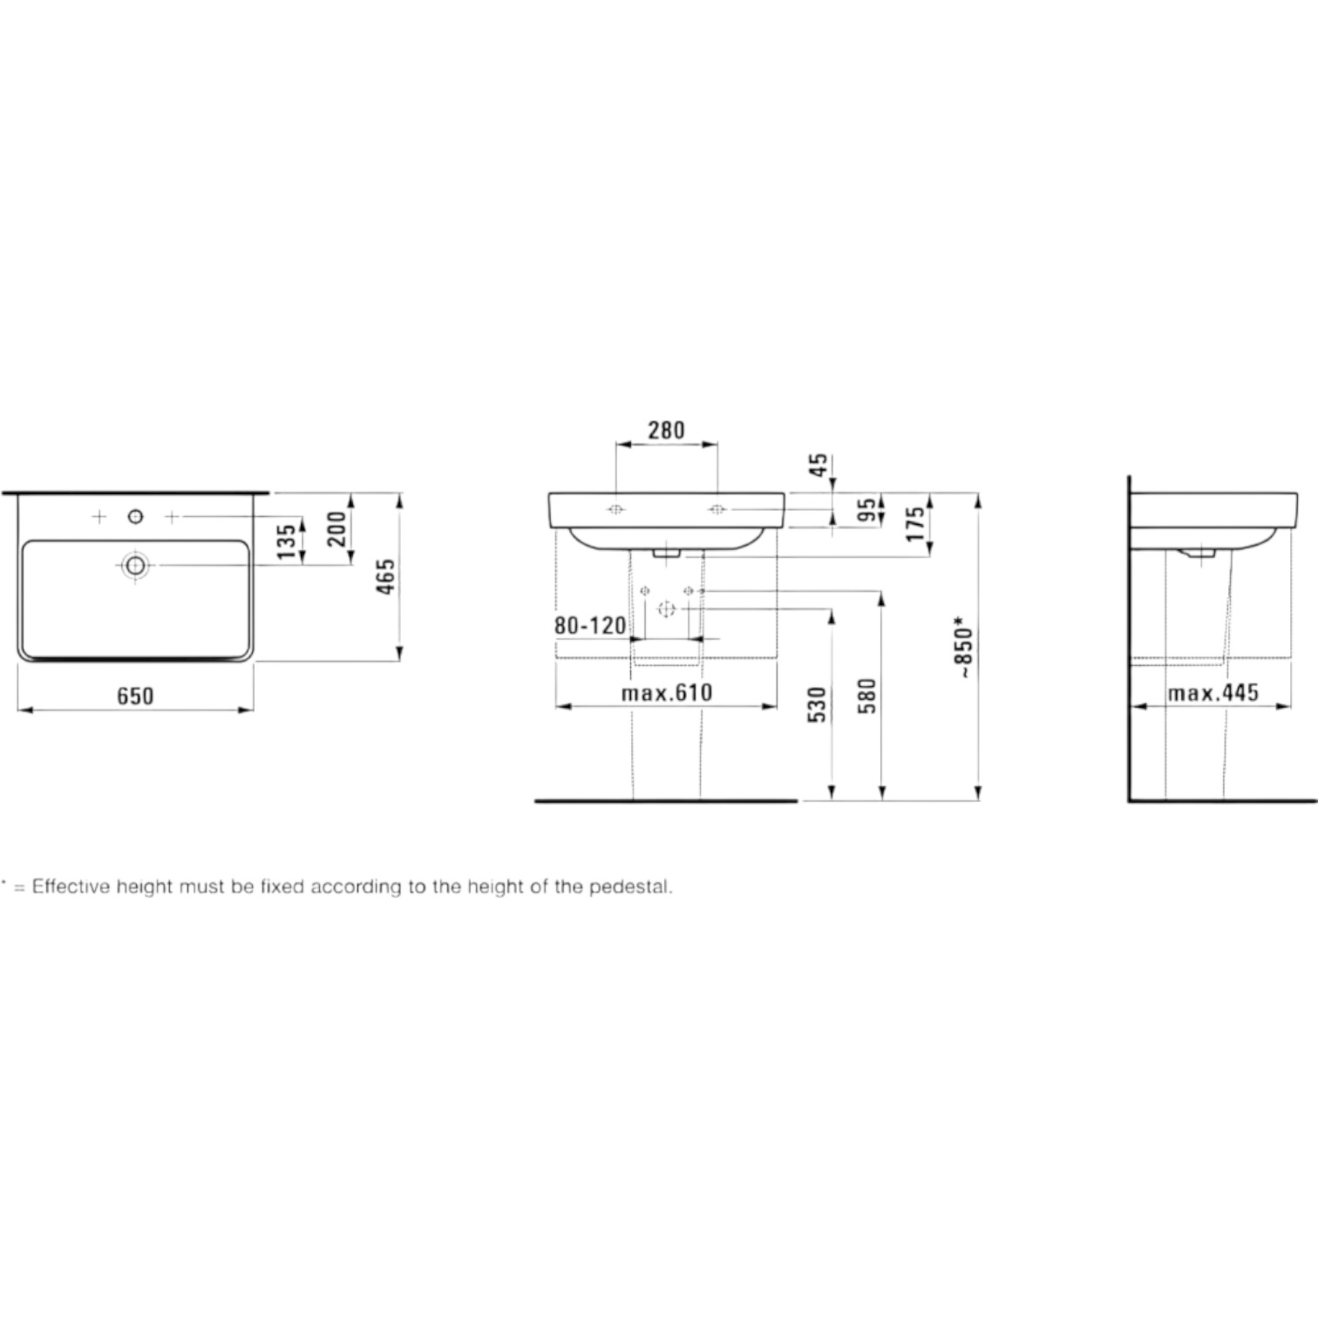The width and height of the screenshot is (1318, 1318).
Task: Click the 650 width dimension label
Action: (135, 696)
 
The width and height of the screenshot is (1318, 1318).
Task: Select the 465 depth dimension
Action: (385, 577)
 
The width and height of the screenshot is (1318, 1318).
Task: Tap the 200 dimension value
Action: (336, 529)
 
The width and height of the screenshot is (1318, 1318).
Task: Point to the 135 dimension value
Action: (286, 542)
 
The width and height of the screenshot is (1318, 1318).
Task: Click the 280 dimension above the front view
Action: (666, 430)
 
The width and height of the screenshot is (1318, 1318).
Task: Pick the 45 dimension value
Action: (819, 465)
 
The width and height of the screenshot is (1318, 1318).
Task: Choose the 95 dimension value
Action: (866, 511)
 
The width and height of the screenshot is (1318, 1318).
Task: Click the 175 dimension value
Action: (914, 524)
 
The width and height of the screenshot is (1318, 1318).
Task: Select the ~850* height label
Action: (964, 648)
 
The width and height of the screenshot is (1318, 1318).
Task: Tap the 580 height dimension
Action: (866, 696)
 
